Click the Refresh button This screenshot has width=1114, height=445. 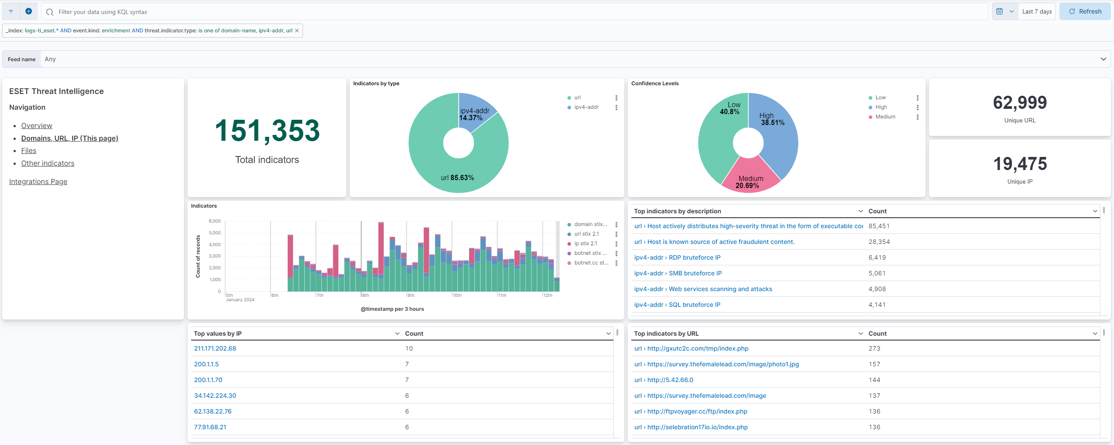pos(1085,12)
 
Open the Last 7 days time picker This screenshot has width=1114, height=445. pos(1036,12)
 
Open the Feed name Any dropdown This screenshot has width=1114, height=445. pos(573,59)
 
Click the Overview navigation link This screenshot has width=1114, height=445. pos(37,126)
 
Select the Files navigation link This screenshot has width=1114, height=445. pos(29,151)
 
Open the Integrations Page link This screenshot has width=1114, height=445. pos(38,182)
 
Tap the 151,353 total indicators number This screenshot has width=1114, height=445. pos(267,131)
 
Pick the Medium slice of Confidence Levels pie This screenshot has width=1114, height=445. pos(750,176)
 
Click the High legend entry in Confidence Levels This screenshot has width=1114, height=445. pos(881,107)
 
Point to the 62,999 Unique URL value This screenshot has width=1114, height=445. pos(1020,103)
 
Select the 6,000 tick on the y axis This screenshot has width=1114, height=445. pos(215,221)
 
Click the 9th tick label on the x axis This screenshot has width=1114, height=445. pos(411,296)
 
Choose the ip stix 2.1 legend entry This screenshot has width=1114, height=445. pos(585,243)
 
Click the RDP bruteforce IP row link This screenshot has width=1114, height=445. pos(677,258)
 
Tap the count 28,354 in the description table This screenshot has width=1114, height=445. pos(879,242)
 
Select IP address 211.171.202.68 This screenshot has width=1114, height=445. pos(215,349)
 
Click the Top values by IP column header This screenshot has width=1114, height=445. pos(218,334)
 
